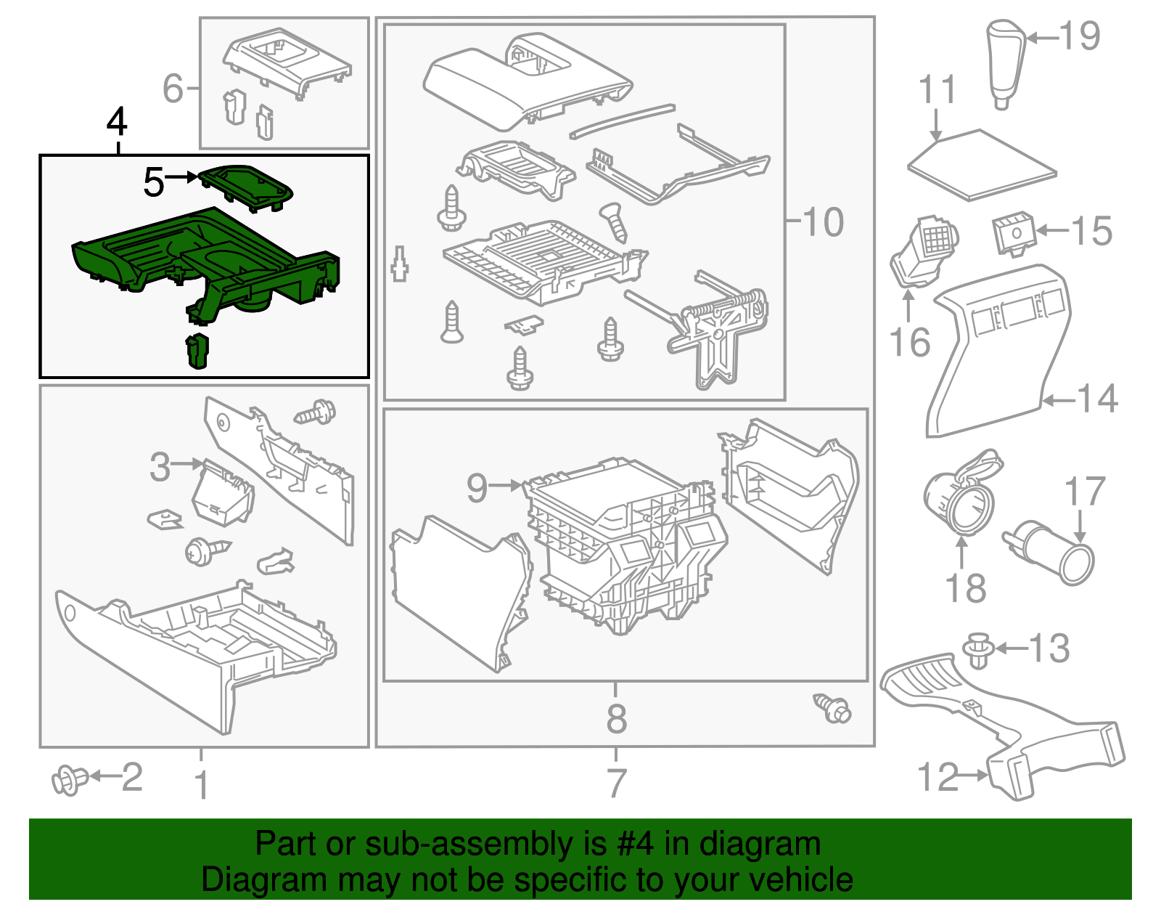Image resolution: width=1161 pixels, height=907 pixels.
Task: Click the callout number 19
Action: point(1080,36)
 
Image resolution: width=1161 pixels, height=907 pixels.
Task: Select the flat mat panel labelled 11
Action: point(981,165)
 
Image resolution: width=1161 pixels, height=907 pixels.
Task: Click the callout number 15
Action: point(1091,231)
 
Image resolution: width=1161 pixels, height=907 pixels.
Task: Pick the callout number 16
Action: point(910,342)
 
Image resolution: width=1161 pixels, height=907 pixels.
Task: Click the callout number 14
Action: point(1097,399)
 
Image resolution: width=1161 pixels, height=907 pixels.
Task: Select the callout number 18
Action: point(966,588)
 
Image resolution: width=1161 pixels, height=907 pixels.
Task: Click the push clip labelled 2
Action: point(68,780)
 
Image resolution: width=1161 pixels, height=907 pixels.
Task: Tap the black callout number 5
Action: point(154,182)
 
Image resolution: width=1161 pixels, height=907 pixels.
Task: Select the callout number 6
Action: point(173,89)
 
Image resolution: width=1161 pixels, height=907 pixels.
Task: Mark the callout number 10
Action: point(823,221)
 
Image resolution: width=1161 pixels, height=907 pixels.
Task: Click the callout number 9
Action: point(477,487)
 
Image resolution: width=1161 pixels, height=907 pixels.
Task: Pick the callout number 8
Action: point(616,718)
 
